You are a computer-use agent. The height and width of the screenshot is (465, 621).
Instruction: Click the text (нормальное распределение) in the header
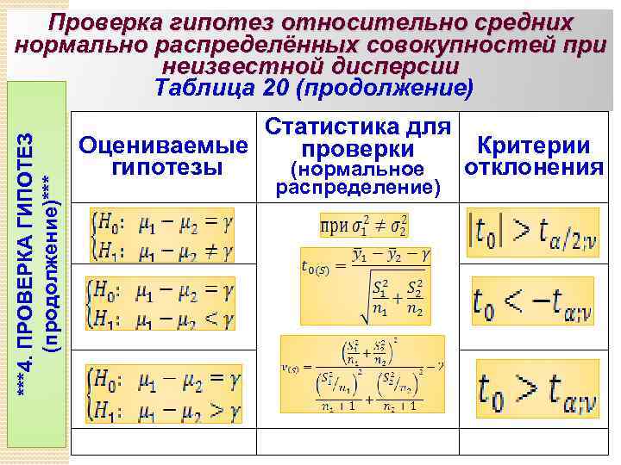click(358, 177)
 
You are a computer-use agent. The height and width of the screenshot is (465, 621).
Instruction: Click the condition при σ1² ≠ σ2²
click(363, 226)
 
